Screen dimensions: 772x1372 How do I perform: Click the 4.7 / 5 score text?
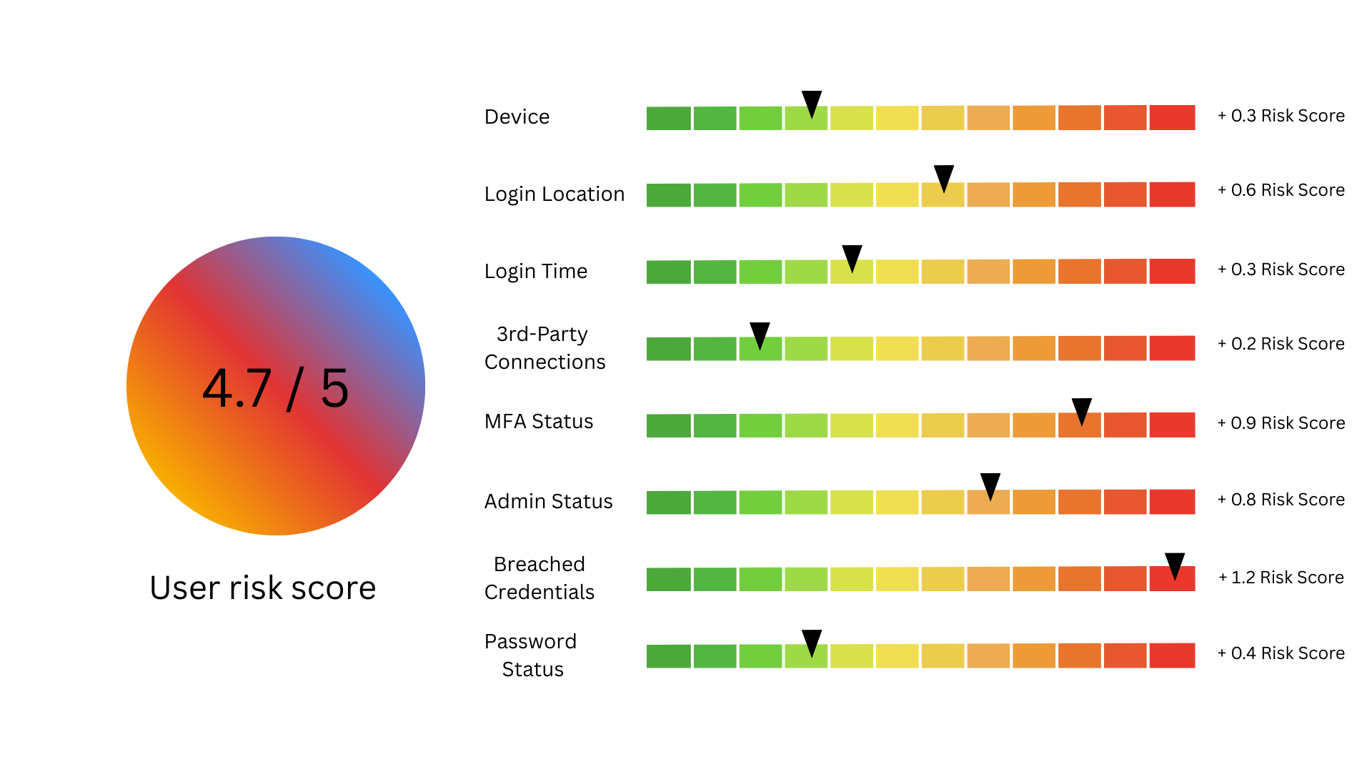(x=276, y=388)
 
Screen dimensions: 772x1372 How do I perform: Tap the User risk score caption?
(x=263, y=588)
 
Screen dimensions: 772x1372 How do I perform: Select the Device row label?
(x=517, y=117)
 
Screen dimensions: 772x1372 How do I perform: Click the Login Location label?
(x=555, y=194)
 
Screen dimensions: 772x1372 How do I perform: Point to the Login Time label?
(x=536, y=271)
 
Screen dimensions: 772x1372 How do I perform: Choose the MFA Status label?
(x=539, y=421)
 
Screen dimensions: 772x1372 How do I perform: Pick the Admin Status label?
(x=548, y=501)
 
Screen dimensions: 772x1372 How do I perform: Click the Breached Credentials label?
(x=540, y=578)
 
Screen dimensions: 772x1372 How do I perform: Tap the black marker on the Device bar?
(x=812, y=103)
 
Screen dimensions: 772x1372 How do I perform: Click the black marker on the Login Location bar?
(x=944, y=177)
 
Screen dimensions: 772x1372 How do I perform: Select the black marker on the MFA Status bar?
(x=1082, y=410)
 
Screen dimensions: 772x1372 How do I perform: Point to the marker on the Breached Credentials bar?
(x=1175, y=565)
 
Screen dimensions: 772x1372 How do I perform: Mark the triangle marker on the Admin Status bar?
(x=990, y=485)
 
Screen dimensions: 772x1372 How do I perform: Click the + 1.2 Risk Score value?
(x=1281, y=577)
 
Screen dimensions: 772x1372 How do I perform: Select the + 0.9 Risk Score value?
(x=1281, y=422)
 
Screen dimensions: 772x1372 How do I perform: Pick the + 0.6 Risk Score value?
(x=1281, y=190)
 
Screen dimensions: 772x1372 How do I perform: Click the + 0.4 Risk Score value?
(x=1281, y=653)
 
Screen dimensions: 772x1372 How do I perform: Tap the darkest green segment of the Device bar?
(x=669, y=118)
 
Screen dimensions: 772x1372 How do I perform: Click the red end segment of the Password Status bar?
(x=1172, y=655)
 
